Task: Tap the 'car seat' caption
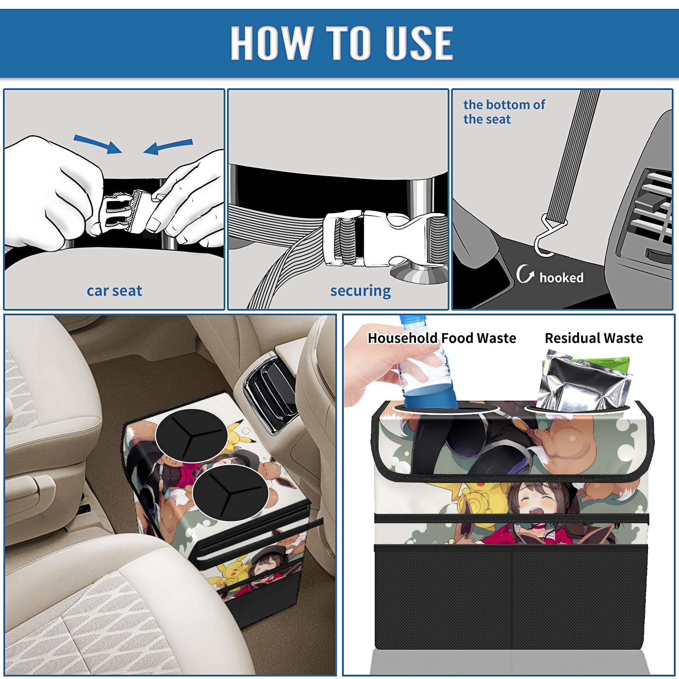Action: (114, 291)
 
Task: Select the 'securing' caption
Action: (360, 291)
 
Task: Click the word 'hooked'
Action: (561, 278)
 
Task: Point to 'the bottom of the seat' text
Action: (504, 112)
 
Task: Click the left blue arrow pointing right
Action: (98, 144)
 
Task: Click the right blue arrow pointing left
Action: (168, 147)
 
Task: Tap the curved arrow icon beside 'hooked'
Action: (525, 274)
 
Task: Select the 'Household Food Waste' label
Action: (442, 338)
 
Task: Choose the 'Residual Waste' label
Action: (594, 338)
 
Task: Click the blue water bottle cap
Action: (412, 320)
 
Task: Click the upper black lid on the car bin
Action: (192, 435)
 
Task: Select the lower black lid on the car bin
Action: (230, 492)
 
